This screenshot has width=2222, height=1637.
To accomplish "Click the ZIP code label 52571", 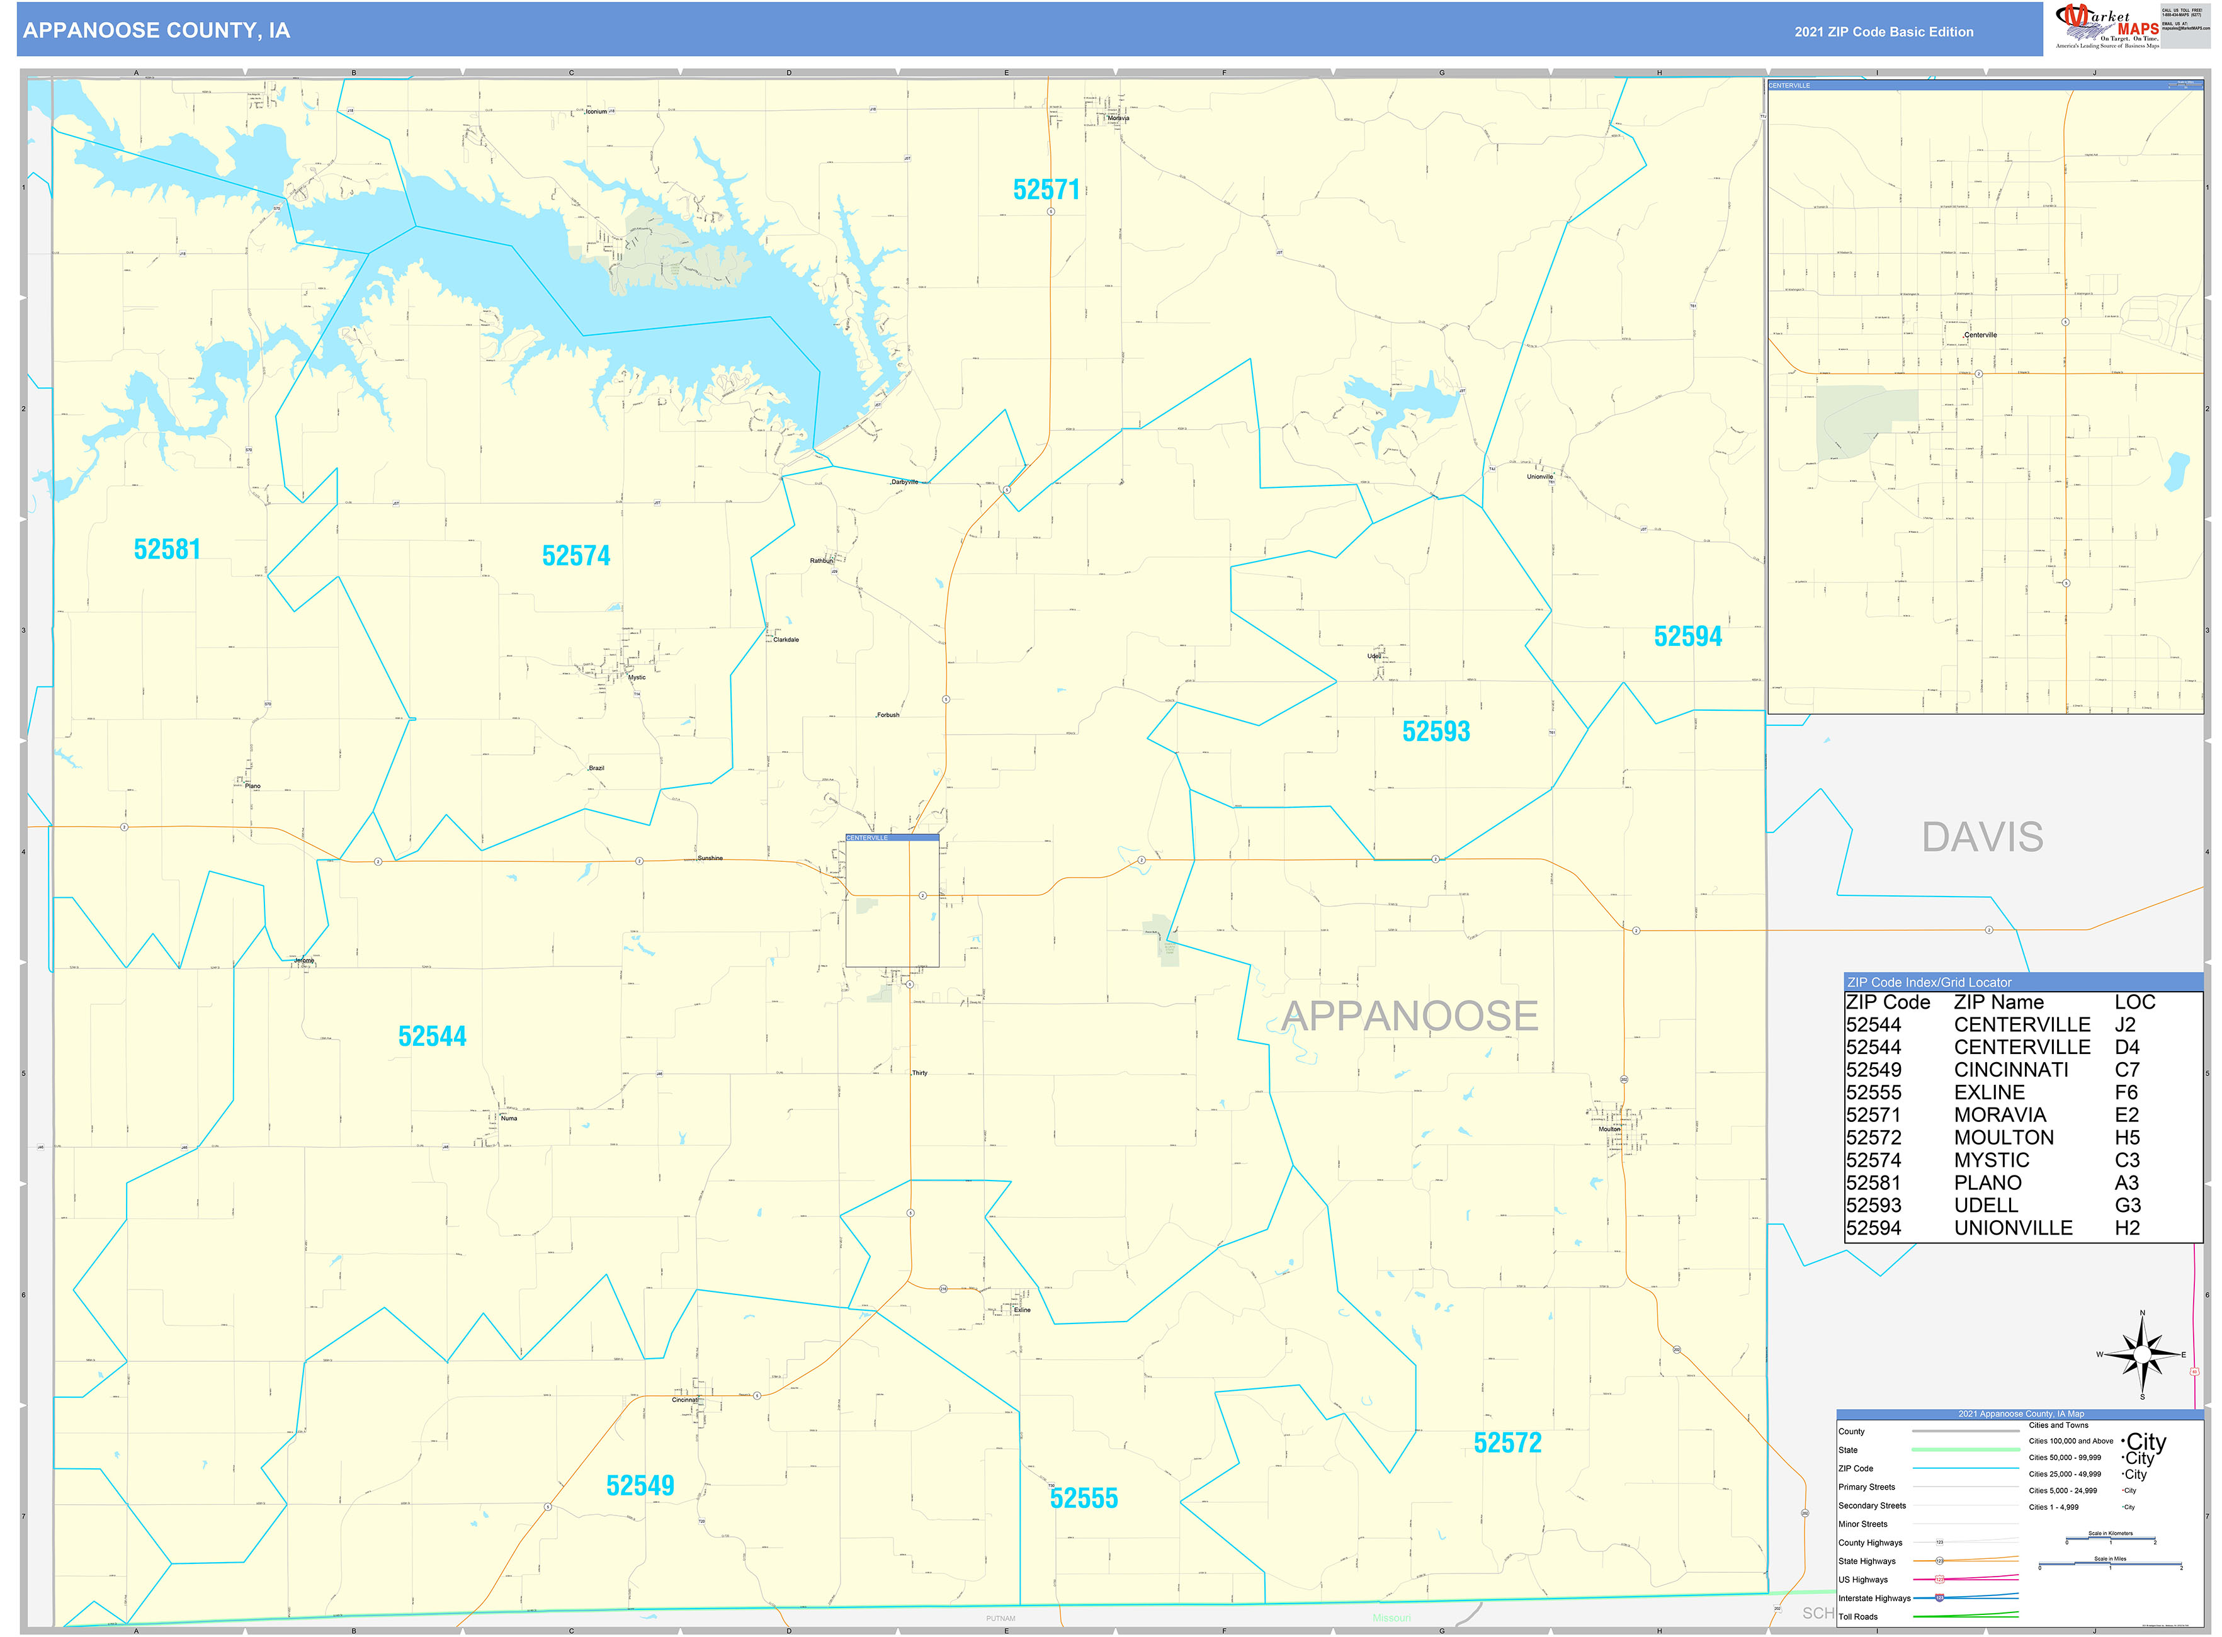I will point(1046,190).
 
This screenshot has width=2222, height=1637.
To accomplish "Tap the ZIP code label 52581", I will point(166,549).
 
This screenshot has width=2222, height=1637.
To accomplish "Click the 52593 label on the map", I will point(1435,732).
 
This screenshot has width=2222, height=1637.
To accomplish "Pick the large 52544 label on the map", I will point(431,1036).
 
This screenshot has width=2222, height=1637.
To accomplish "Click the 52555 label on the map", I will point(1083,1498).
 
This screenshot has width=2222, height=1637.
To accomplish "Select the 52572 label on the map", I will point(1507,1443).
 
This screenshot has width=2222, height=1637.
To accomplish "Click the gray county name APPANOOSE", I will point(1409,1016).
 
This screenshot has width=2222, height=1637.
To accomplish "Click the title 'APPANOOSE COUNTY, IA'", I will point(157,31).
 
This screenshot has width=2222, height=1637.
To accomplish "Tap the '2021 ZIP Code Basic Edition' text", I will point(1883,31).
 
